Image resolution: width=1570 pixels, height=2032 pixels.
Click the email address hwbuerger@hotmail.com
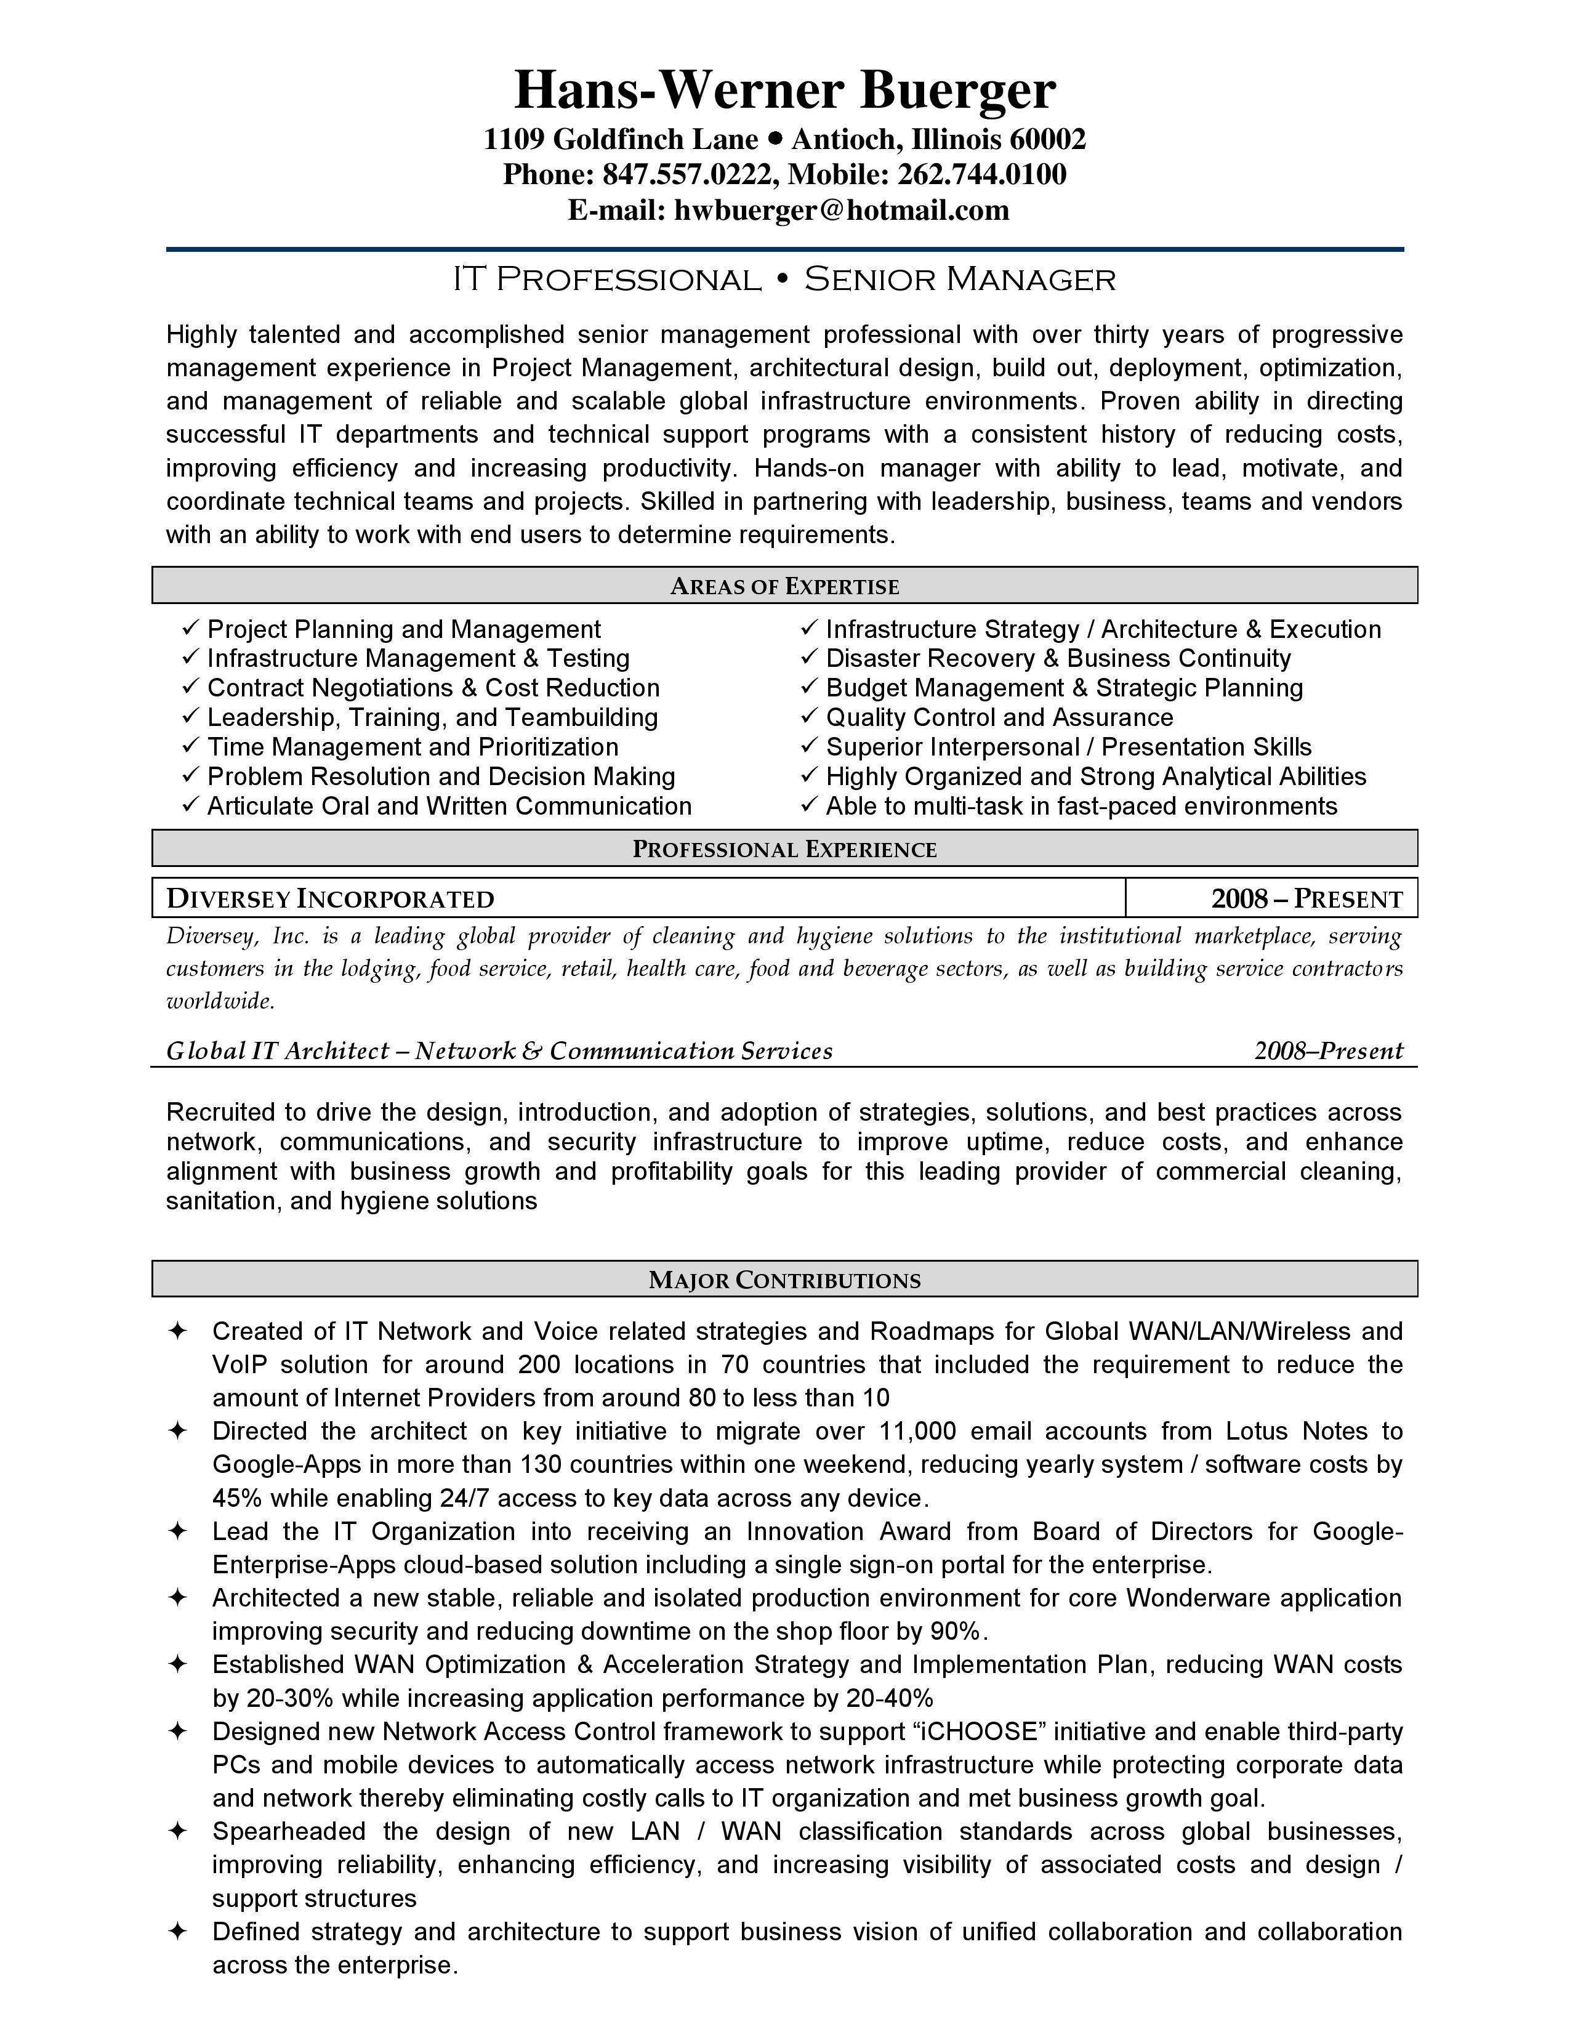click(841, 210)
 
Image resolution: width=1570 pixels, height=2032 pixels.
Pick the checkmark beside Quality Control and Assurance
click(808, 717)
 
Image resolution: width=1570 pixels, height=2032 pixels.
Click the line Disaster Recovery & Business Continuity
click(1058, 659)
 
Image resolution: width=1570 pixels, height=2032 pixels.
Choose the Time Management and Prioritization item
click(412, 747)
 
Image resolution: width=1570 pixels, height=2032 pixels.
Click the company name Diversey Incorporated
click(330, 899)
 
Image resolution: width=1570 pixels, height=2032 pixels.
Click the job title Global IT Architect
click(277, 1051)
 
